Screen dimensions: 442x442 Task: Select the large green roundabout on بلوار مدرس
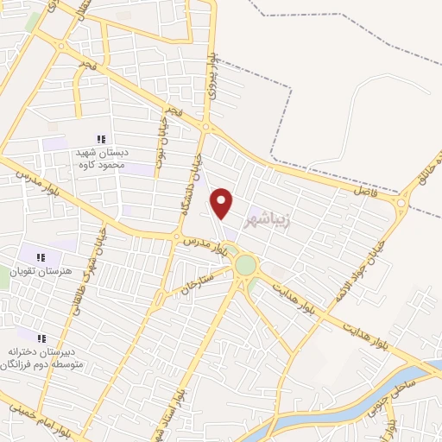pos(246,265)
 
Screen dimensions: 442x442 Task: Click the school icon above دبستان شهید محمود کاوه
pos(101,139)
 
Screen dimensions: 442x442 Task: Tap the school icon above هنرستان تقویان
pos(41,256)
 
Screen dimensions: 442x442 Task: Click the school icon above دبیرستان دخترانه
pos(41,338)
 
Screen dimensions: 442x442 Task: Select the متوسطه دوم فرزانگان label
pos(42,365)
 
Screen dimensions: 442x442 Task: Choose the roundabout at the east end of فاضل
pos(401,204)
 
